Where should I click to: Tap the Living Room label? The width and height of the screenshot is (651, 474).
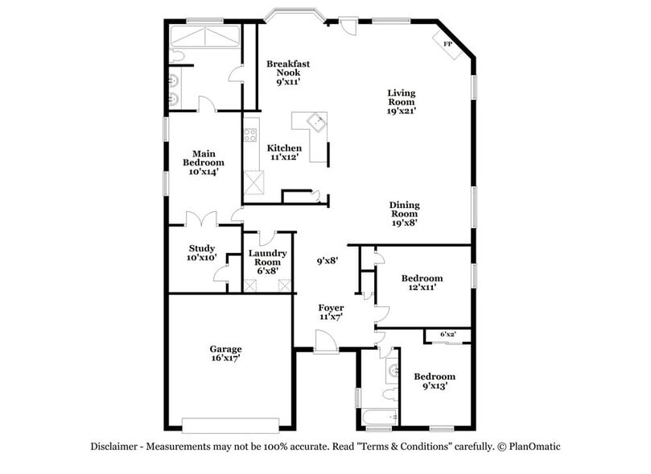(x=401, y=102)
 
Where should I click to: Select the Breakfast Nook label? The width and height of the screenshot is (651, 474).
(x=288, y=72)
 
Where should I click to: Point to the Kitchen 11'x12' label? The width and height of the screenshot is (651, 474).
(x=284, y=152)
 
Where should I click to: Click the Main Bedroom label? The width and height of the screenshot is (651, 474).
(x=203, y=161)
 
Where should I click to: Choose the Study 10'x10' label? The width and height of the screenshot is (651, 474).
(x=202, y=253)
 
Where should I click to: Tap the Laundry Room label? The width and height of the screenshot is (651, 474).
(x=267, y=261)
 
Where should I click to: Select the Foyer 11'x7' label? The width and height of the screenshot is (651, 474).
(x=331, y=313)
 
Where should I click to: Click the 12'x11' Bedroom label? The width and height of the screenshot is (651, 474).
(x=422, y=283)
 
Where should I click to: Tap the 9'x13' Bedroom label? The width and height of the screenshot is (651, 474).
(x=434, y=380)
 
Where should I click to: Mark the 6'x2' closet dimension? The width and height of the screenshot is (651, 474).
(x=447, y=334)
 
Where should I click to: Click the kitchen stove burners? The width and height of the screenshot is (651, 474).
(x=251, y=135)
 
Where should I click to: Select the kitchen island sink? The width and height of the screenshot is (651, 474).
(x=319, y=123)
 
